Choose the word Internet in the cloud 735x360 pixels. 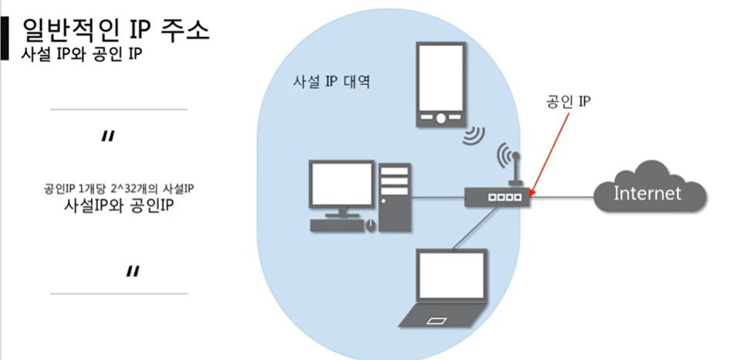647,192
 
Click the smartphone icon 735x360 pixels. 439,85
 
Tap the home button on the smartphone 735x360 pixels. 439,119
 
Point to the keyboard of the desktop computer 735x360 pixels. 337,225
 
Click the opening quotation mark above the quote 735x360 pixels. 108,138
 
